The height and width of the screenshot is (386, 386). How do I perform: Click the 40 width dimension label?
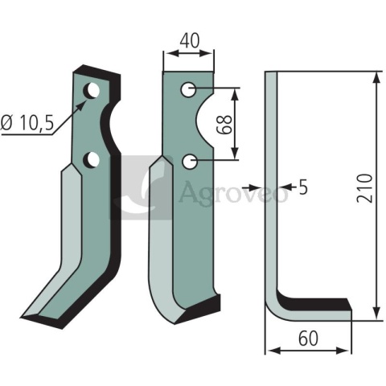click(190, 41)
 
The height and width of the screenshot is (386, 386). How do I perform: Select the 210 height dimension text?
click(365, 187)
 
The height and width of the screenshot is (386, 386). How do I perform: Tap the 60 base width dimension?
click(308, 339)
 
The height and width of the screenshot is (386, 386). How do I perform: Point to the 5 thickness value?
click(303, 187)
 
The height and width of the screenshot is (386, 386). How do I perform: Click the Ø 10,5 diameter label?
click(27, 123)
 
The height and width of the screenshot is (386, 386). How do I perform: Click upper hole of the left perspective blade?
click(92, 91)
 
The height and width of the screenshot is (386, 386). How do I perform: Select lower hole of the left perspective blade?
click(92, 160)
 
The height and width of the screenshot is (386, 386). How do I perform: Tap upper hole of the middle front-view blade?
click(189, 89)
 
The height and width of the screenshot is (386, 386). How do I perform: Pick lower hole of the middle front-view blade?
click(190, 162)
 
